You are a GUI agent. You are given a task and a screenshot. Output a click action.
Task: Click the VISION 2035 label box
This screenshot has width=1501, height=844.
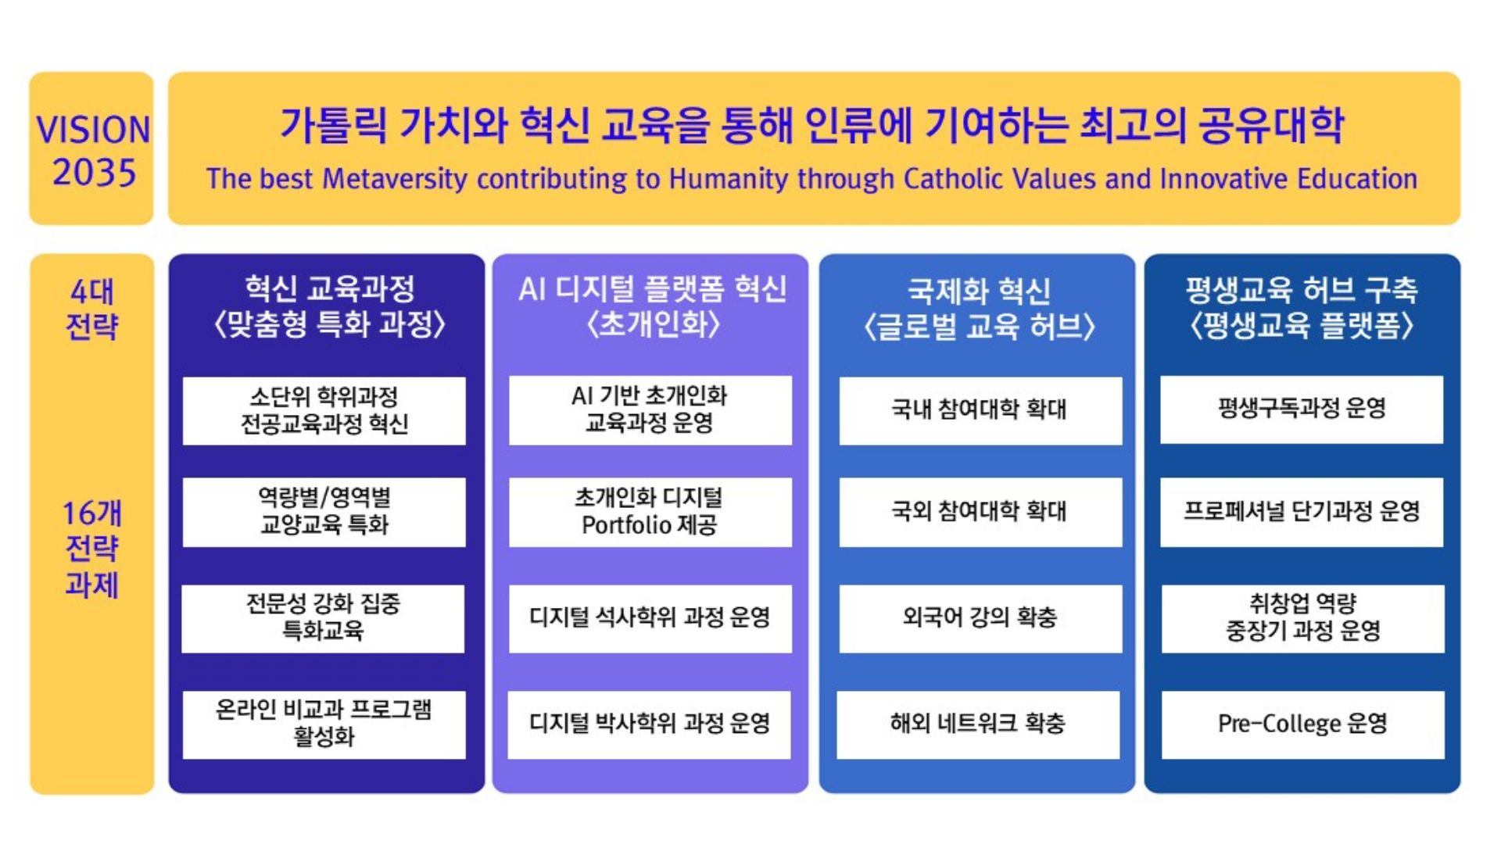[x=91, y=148]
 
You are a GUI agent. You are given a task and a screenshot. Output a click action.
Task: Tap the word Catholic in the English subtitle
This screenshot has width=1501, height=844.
[x=960, y=179]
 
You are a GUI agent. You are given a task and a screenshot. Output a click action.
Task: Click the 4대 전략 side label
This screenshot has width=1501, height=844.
[x=91, y=309]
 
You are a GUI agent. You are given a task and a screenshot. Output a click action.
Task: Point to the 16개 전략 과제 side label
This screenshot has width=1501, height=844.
[x=91, y=549]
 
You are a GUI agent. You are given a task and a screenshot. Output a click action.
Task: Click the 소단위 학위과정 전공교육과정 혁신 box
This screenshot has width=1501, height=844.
[x=324, y=411]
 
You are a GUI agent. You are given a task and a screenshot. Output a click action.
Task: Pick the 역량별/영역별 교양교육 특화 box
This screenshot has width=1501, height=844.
[x=324, y=512]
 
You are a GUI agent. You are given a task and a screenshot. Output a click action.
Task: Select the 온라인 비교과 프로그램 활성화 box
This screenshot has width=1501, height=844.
[x=324, y=724]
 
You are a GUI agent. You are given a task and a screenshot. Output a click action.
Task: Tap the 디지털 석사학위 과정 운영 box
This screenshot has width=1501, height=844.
[x=650, y=618]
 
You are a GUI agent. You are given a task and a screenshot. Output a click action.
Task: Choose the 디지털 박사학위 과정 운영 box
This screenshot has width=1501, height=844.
[x=649, y=724]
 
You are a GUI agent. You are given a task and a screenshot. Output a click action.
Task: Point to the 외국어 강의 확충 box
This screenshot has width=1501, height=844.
[x=980, y=618]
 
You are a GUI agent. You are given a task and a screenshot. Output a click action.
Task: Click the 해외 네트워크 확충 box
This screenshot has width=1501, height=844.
[x=978, y=724]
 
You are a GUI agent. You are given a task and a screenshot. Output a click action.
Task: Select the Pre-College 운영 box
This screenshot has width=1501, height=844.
[x=1303, y=724]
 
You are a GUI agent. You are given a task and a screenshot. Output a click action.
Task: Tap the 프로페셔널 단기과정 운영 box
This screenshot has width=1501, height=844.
[x=1302, y=512]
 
